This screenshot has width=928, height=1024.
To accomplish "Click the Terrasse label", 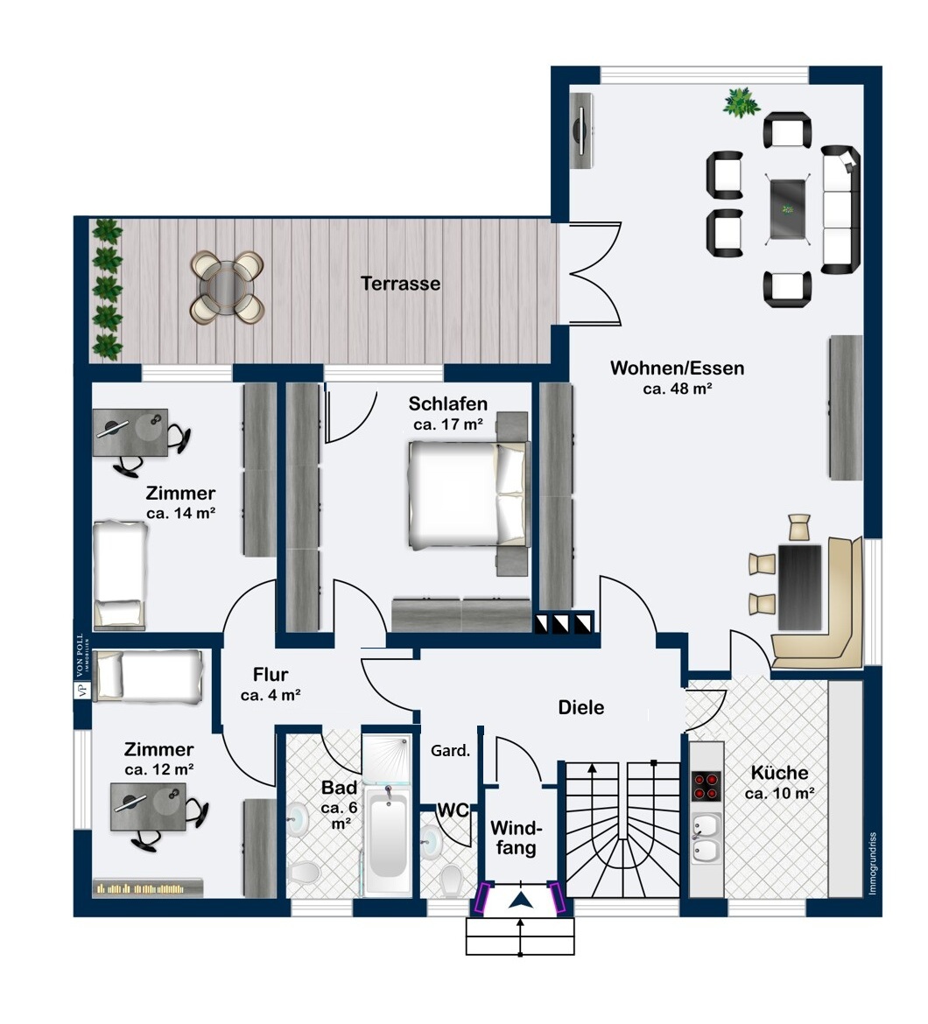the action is point(400,284).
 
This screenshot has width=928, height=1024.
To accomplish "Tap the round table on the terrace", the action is point(227,287).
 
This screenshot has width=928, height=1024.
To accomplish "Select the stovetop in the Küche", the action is point(706,786).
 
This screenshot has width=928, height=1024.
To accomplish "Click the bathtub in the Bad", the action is point(387,840).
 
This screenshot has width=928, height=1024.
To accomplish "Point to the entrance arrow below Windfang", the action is point(520,901).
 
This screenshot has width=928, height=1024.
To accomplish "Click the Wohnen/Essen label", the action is point(678,368).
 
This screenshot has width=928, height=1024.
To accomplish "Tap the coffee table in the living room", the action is point(788,210).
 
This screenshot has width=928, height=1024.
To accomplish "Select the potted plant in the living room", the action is point(742,102).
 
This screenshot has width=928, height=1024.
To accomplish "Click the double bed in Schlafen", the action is point(468,494).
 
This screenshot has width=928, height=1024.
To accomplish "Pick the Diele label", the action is point(581,707).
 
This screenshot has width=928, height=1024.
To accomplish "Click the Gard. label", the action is point(451,751).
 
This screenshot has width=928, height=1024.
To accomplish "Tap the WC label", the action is point(453,810).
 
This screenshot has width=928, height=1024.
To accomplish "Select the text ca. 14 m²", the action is point(181,513).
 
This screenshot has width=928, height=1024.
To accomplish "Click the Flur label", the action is point(271,675).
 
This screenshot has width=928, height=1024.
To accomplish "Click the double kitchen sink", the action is point(707,838).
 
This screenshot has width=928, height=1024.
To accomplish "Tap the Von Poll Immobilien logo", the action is point(81,666).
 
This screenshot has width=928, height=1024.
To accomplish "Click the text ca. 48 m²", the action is point(678,389).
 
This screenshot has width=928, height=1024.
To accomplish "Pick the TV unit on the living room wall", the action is point(581,130).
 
